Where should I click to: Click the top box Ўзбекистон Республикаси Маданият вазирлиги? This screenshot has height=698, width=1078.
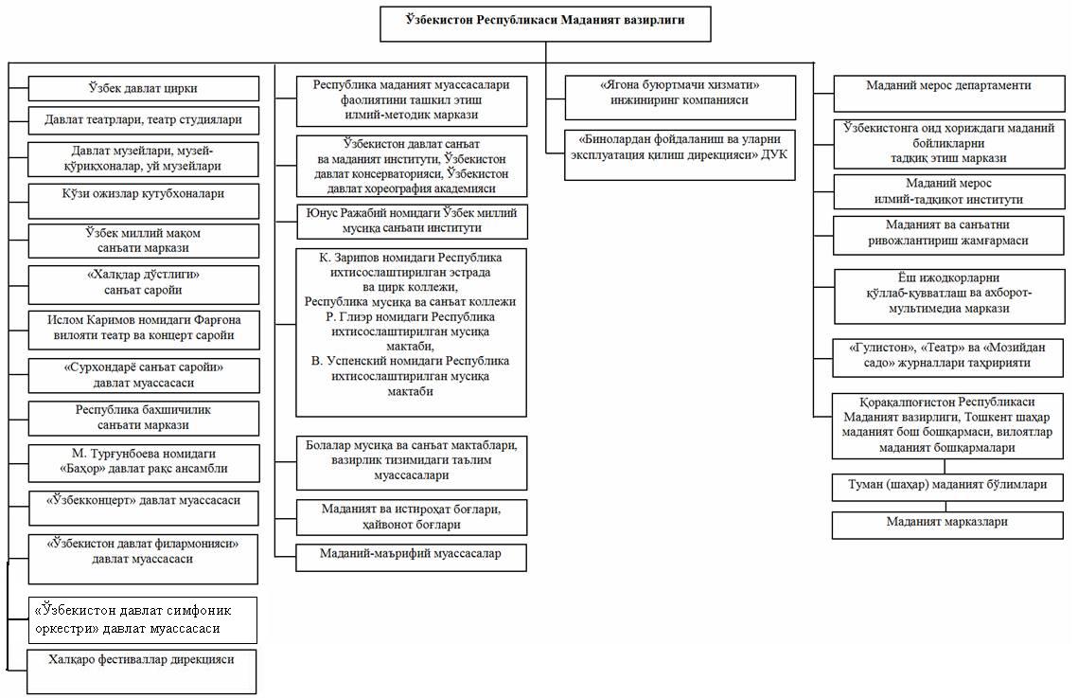click(545, 24)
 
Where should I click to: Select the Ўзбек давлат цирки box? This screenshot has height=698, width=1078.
click(143, 89)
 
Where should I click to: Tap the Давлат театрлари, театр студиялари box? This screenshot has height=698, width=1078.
click(143, 119)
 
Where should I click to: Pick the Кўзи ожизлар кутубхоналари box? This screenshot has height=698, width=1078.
click(143, 201)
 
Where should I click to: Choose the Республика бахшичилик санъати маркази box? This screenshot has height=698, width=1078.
click(143, 418)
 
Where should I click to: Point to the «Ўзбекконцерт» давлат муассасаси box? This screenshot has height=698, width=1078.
click(143, 509)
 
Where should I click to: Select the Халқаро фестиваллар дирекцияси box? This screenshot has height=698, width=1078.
click(142, 671)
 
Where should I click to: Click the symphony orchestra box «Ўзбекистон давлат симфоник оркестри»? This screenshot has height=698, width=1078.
click(142, 620)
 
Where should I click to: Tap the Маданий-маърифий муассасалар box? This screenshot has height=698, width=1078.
click(411, 558)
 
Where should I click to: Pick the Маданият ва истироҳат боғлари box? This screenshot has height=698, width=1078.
click(411, 517)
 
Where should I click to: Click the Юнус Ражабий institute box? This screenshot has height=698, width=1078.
click(411, 222)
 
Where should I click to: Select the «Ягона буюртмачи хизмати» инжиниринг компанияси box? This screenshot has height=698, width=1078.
click(680, 98)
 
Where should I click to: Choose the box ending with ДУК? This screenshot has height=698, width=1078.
click(680, 154)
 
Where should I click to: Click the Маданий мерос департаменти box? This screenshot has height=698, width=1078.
click(948, 94)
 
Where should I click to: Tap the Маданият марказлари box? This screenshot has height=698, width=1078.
click(947, 525)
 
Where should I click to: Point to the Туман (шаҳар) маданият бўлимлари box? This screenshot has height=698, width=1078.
click(947, 487)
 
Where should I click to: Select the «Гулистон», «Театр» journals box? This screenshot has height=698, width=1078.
click(947, 358)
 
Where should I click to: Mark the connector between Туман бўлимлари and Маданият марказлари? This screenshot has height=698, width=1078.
click(946, 506)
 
